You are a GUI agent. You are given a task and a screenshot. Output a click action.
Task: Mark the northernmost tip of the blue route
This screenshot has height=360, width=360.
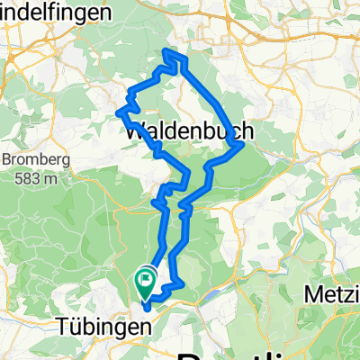click(x=165, y=49)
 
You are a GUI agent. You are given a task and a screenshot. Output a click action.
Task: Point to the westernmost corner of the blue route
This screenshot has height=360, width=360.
click(x=118, y=112)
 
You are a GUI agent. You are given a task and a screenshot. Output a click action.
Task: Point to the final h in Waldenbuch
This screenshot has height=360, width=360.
click(x=247, y=131)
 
